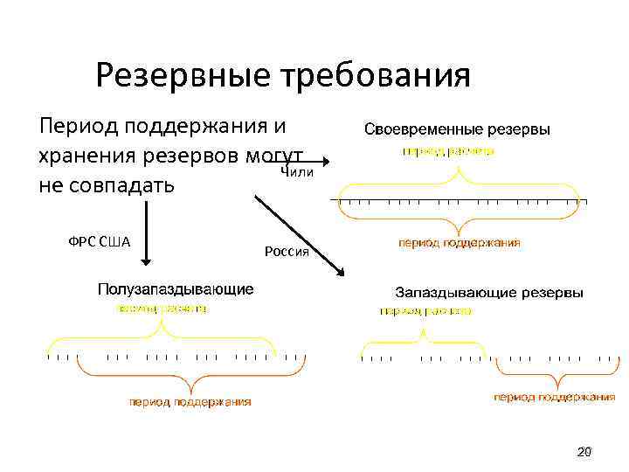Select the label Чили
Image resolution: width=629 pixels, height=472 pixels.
click(x=297, y=171)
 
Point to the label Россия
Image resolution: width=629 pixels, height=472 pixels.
click(x=287, y=253)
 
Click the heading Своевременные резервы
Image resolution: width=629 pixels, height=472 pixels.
click(x=457, y=129)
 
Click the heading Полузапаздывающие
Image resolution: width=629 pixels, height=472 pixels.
click(x=176, y=288)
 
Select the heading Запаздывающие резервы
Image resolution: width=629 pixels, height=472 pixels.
click(x=489, y=292)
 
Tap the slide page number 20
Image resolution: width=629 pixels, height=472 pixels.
click(x=584, y=452)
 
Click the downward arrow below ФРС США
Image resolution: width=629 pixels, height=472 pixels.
click(x=147, y=236)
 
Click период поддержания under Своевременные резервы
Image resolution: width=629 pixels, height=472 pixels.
click(x=460, y=242)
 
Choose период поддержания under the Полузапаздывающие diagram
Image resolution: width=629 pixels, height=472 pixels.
click(x=190, y=401)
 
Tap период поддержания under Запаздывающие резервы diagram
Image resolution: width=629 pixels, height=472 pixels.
click(x=554, y=397)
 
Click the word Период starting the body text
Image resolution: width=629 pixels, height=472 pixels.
click(x=78, y=124)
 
